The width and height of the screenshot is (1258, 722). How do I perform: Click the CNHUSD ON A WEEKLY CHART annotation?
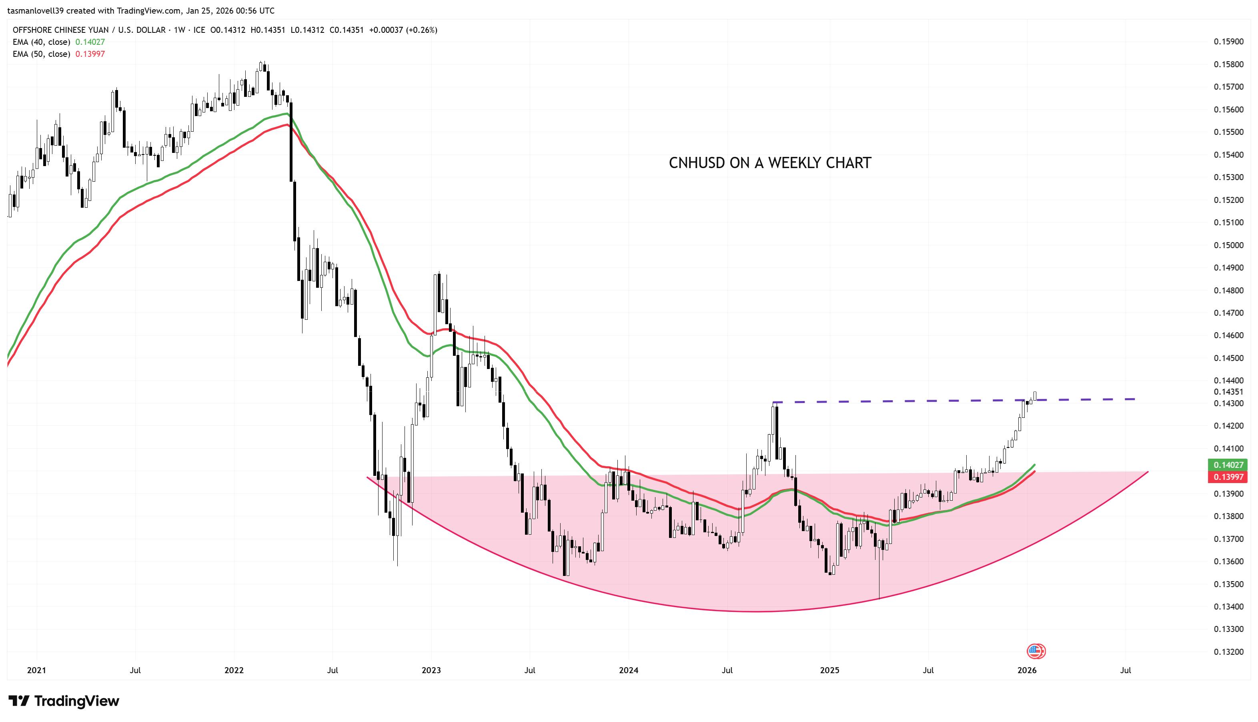pos(769,163)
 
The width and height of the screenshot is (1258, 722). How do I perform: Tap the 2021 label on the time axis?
pos(36,670)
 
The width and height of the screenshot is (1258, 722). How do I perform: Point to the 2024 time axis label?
pos(629,670)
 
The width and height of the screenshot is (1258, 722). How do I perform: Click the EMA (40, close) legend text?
pos(41,42)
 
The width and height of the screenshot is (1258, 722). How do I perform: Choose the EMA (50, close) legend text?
pos(41,54)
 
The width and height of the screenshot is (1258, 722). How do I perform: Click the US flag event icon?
pos(1035,651)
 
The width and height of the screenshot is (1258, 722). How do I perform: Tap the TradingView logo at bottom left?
pos(64,701)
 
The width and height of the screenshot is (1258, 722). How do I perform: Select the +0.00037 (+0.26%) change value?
pos(403,30)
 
